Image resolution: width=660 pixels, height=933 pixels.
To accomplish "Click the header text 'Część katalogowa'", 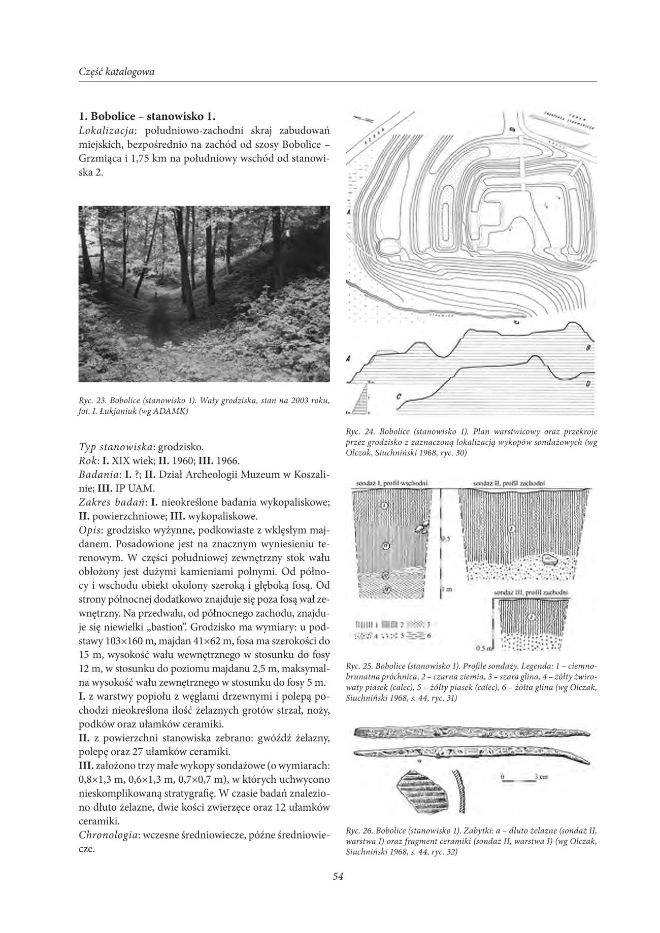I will (117, 72).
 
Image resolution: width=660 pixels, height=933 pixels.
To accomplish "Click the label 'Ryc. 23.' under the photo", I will (92, 401).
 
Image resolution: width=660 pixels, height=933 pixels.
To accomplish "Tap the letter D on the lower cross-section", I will (587, 383).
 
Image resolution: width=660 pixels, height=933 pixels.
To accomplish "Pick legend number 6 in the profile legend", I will (430, 635).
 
